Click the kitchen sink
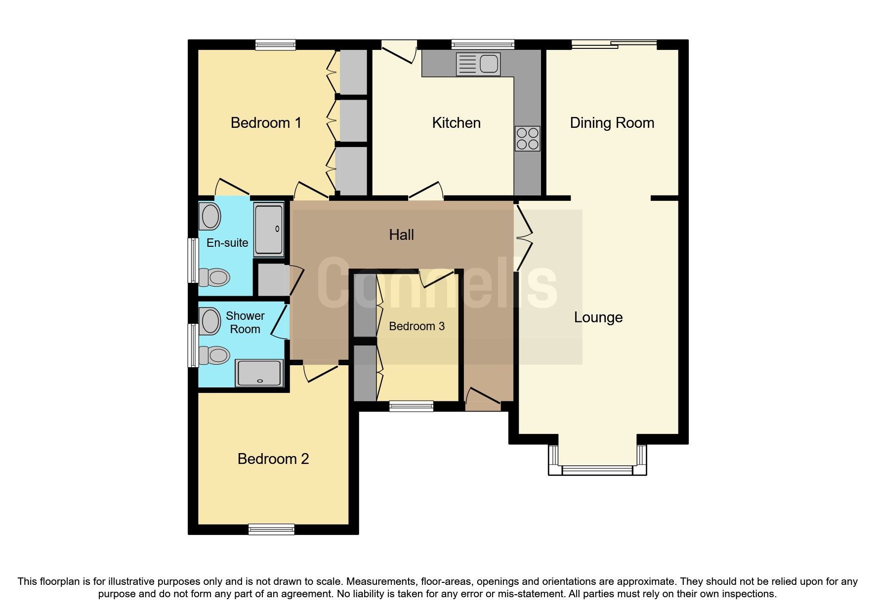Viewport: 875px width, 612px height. tap(478, 64)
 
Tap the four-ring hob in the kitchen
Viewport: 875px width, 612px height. tap(527, 139)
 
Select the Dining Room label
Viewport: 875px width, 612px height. tap(612, 123)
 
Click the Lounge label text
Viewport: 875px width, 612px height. tap(598, 317)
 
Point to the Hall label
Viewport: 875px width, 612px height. tap(401, 235)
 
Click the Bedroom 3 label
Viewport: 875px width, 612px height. tap(417, 326)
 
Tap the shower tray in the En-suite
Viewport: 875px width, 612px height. tap(269, 229)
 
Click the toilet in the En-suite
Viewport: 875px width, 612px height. tap(214, 277)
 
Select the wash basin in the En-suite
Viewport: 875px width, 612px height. tap(211, 217)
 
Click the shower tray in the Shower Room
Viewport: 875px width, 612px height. tap(259, 373)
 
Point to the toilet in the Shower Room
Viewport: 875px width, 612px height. tap(214, 355)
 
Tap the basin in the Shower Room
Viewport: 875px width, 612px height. tap(210, 321)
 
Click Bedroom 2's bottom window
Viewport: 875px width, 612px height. tap(271, 530)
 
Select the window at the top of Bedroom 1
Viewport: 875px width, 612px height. tap(275, 45)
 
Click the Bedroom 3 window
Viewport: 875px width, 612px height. tap(411, 406)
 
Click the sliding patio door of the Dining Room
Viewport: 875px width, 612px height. tap(615, 44)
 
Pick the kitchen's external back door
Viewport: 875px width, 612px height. tap(400, 52)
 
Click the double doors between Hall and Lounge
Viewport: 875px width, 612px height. tap(524, 237)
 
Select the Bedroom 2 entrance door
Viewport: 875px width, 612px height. tap(321, 373)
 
